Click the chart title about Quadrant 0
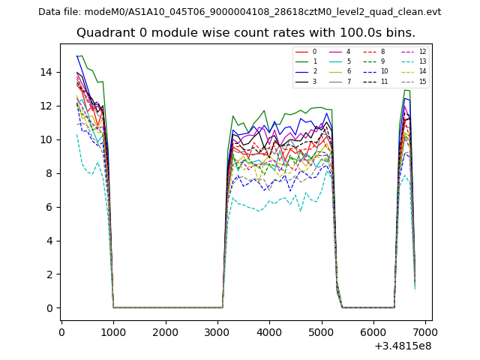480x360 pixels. pos(240,33)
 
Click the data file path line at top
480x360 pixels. pos(240,12)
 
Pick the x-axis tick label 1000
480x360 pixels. pos(113,331)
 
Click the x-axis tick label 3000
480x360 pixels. pos(217,331)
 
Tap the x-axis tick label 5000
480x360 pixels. pos(322,331)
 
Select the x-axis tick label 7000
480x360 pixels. pos(425,331)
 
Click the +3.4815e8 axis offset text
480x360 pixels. pos(402,346)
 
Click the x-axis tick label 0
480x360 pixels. pos(61,331)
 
